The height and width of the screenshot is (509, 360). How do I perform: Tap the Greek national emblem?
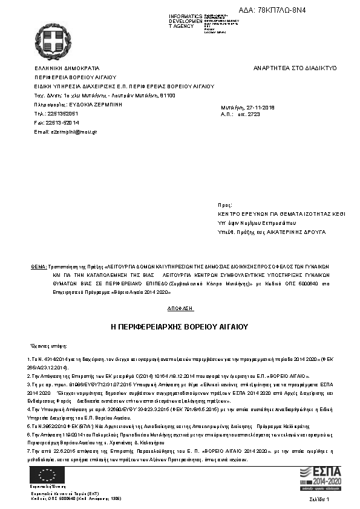click(52, 41)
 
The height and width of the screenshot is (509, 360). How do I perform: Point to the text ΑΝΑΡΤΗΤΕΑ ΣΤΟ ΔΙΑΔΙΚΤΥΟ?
click(295, 68)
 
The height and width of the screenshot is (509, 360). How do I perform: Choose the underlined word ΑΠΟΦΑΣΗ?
click(180, 308)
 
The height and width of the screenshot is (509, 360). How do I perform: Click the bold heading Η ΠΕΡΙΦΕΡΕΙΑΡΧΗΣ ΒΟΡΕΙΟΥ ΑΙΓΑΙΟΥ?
click(180, 326)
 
